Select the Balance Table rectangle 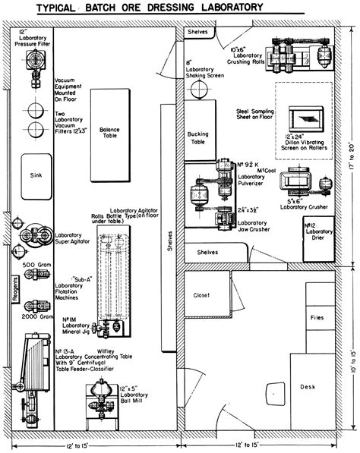click(109, 144)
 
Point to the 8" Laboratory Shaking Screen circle click(198, 90)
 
